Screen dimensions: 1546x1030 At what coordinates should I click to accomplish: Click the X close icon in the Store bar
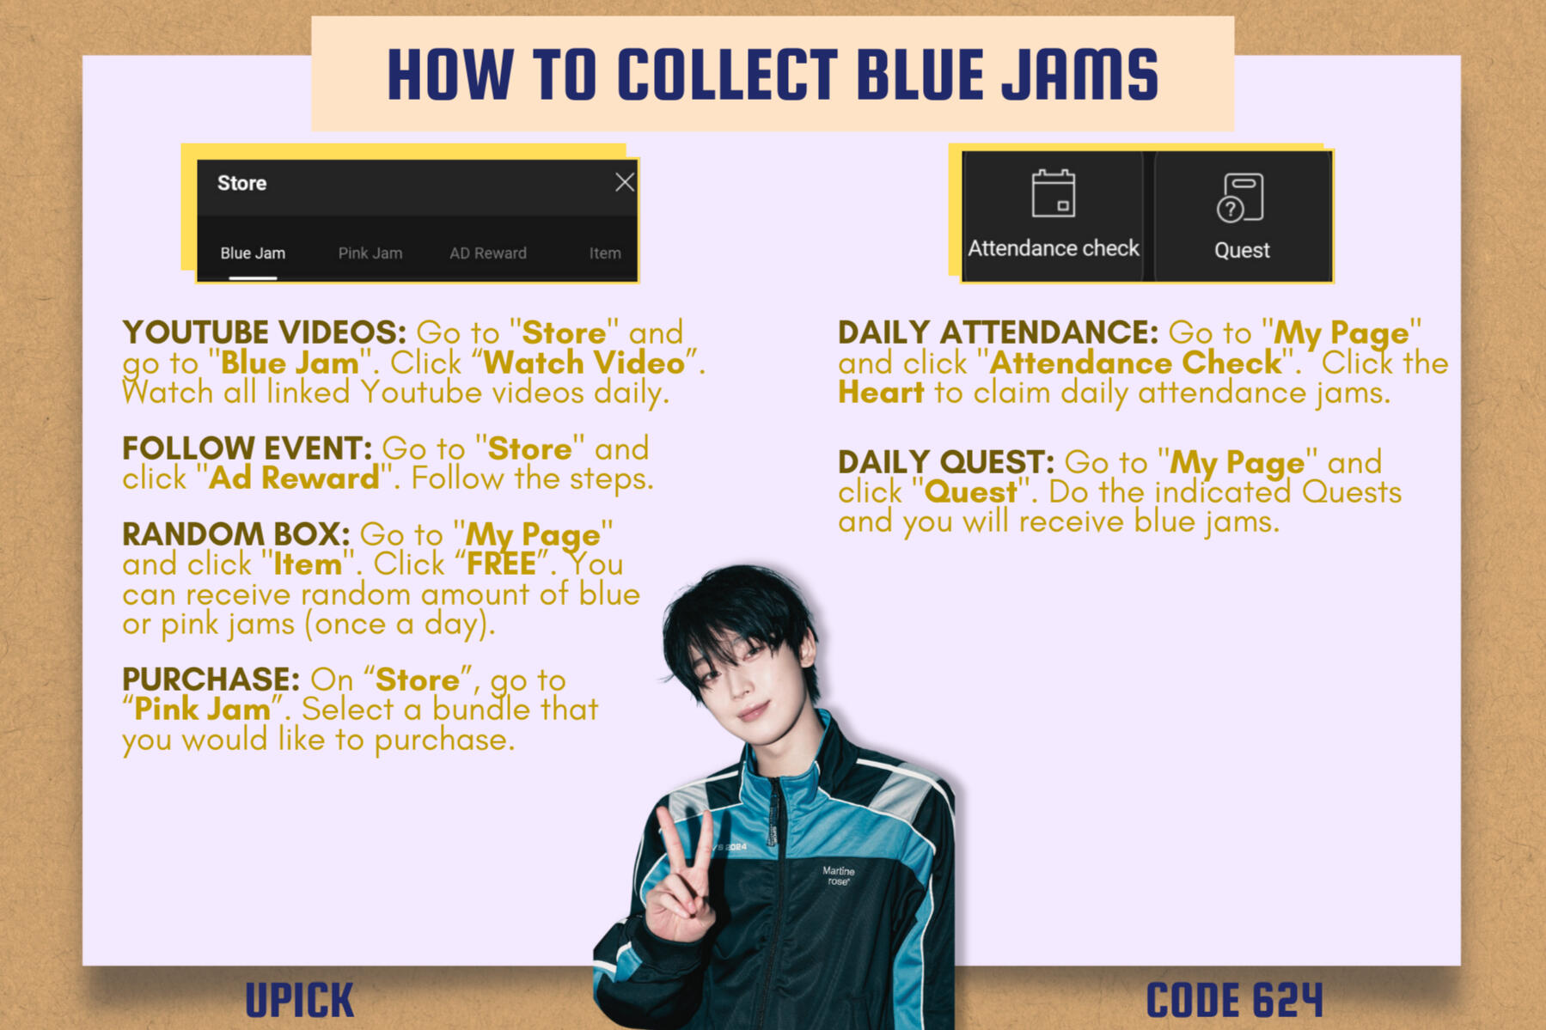[x=625, y=182]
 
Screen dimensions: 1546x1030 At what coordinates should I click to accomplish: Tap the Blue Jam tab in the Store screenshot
[x=253, y=253]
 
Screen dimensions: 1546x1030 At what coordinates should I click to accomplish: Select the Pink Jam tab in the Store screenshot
[x=370, y=253]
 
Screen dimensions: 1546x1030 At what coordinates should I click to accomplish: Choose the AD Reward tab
[x=488, y=253]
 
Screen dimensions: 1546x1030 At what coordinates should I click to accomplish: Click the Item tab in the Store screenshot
[x=605, y=253]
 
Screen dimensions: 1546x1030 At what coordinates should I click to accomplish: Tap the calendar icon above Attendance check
[x=1054, y=193]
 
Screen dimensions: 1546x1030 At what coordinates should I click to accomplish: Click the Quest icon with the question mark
[x=1240, y=198]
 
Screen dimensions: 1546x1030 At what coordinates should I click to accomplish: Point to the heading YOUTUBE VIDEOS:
[x=265, y=332]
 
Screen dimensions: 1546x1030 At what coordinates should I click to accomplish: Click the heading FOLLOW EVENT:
[x=247, y=448]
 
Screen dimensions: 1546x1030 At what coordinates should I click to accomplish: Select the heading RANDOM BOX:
[x=236, y=534]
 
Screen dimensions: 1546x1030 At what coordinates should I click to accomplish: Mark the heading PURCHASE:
[x=211, y=680]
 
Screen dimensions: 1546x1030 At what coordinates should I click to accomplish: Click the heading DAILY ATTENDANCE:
[x=999, y=332]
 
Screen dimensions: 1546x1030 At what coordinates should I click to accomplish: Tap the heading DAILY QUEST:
[x=946, y=462]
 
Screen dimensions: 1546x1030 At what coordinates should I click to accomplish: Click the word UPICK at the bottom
[x=300, y=1000]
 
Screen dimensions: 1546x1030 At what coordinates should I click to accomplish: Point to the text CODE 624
[x=1235, y=1000]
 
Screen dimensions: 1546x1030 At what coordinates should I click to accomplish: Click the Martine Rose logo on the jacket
[x=838, y=875]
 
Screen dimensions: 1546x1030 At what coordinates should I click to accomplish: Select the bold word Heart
[x=881, y=393]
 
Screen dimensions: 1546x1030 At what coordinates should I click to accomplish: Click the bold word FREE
[x=501, y=564]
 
